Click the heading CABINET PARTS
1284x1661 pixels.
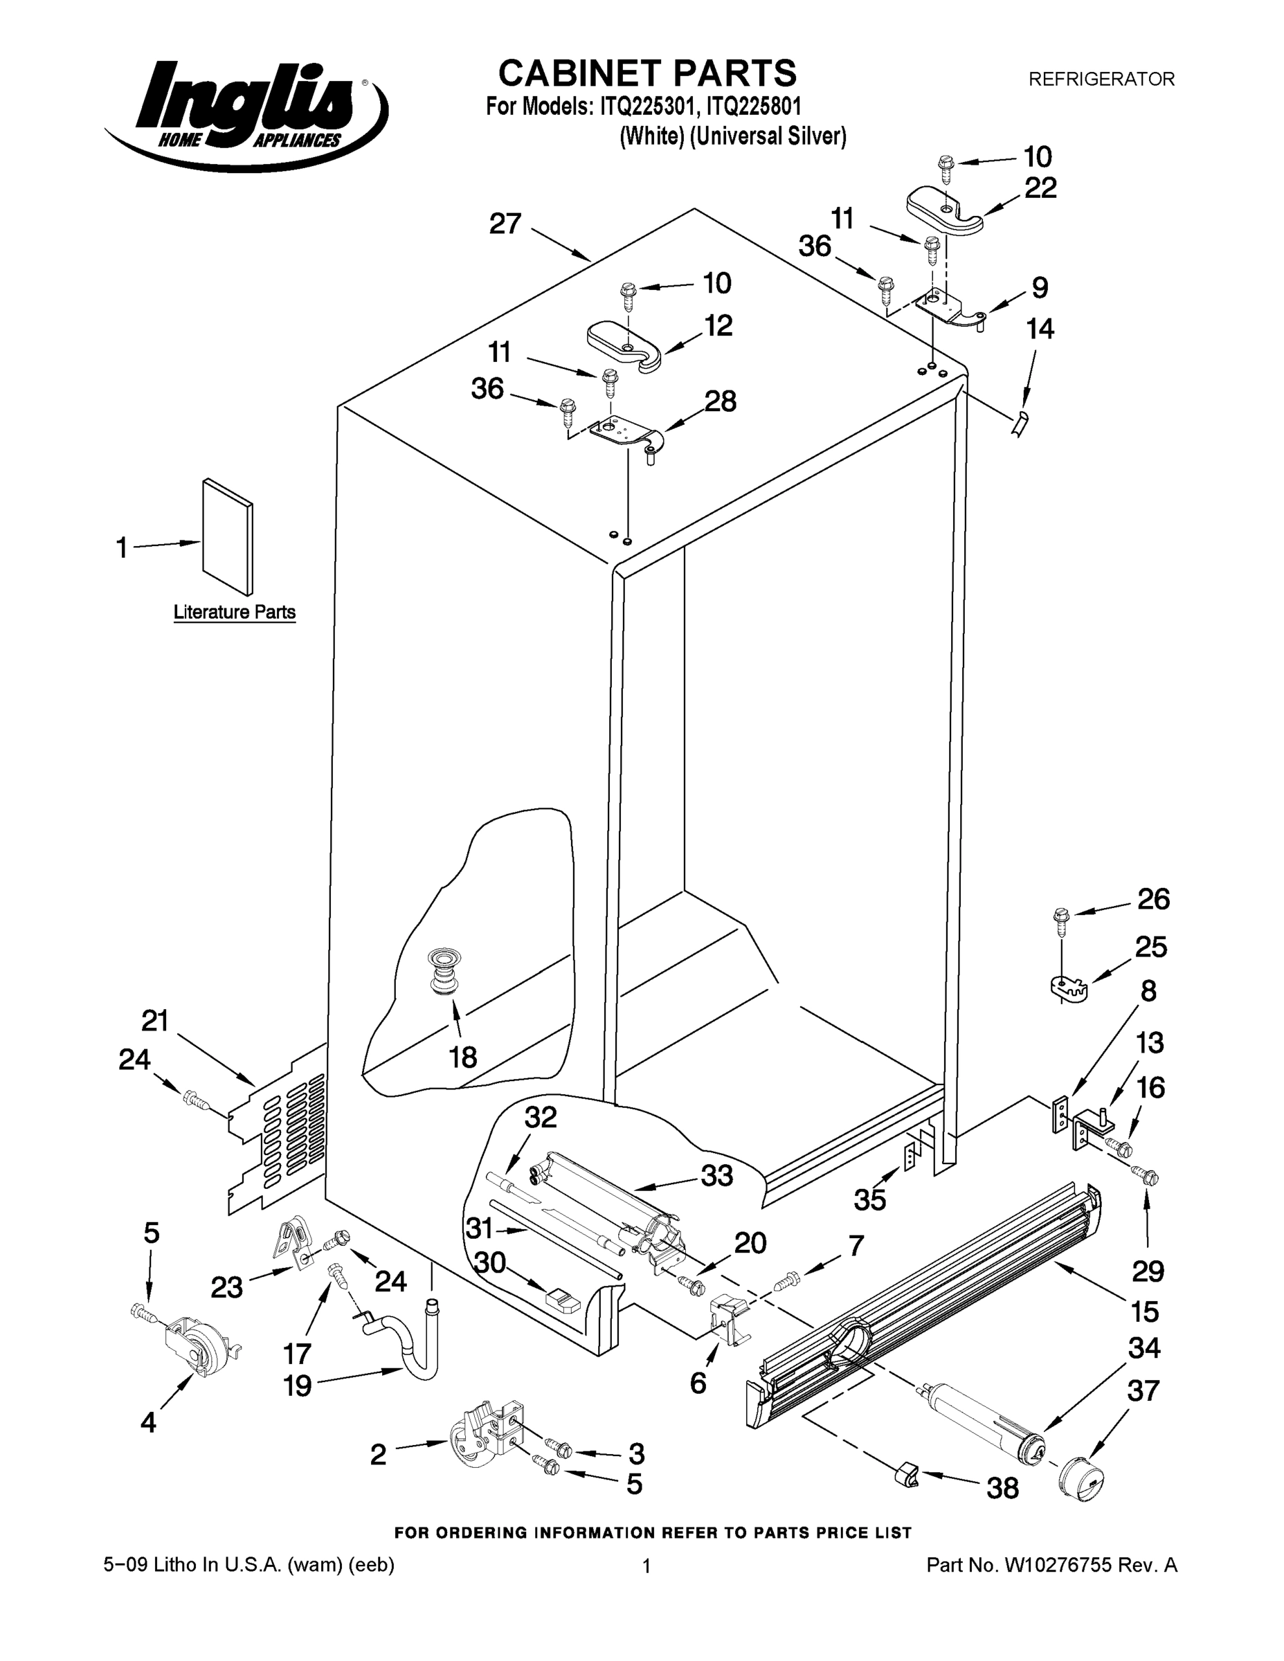point(647,74)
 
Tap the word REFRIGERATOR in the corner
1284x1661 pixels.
point(1101,79)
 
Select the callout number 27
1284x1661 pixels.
point(505,224)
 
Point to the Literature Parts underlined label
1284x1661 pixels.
point(234,612)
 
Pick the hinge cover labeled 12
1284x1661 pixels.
point(625,344)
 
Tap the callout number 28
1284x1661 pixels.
point(721,401)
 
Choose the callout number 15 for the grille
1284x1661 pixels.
point(1145,1311)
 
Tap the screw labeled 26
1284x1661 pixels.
point(1063,922)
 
